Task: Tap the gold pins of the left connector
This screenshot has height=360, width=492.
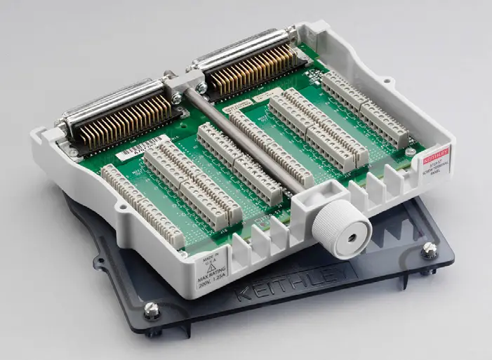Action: coord(137,116)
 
